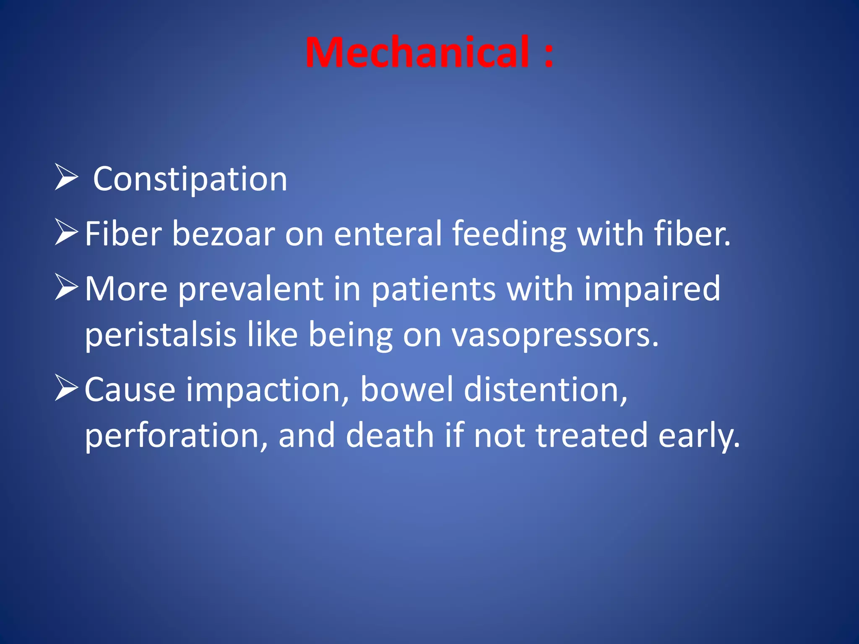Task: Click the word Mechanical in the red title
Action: (417, 52)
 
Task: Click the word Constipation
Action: (190, 179)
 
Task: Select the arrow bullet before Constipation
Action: (66, 178)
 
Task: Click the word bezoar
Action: (223, 234)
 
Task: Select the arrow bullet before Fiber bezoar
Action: (66, 233)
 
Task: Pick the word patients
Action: (434, 289)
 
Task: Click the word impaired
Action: (652, 289)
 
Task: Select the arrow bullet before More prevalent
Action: (66, 288)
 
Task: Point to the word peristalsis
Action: (161, 335)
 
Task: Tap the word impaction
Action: (267, 390)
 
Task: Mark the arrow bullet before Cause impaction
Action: (66, 388)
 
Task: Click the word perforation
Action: (176, 436)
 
